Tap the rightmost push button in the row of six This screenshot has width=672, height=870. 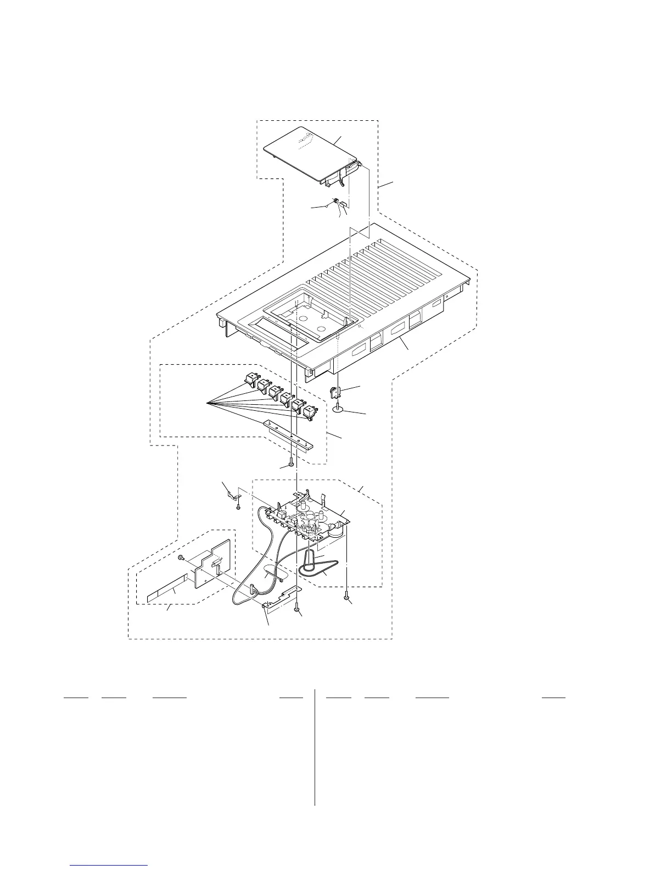311,411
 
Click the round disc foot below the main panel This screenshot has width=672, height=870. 339,407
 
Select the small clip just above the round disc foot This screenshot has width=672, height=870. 334,392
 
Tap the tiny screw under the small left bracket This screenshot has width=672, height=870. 238,507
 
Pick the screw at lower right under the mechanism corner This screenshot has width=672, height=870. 346,595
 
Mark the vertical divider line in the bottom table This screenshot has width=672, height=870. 315,747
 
